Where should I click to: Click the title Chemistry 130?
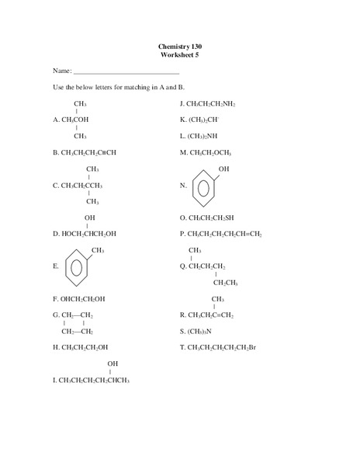coord(180,47)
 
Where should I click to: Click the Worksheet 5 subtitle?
coord(180,55)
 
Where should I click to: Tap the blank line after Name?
coord(126,71)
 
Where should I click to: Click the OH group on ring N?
coord(223,169)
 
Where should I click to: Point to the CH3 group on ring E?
coord(98,250)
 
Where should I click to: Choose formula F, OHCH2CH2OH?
coord(82,298)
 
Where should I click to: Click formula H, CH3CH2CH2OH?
coord(84,347)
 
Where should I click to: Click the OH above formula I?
coord(112,363)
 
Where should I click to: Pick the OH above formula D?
coord(90,217)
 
